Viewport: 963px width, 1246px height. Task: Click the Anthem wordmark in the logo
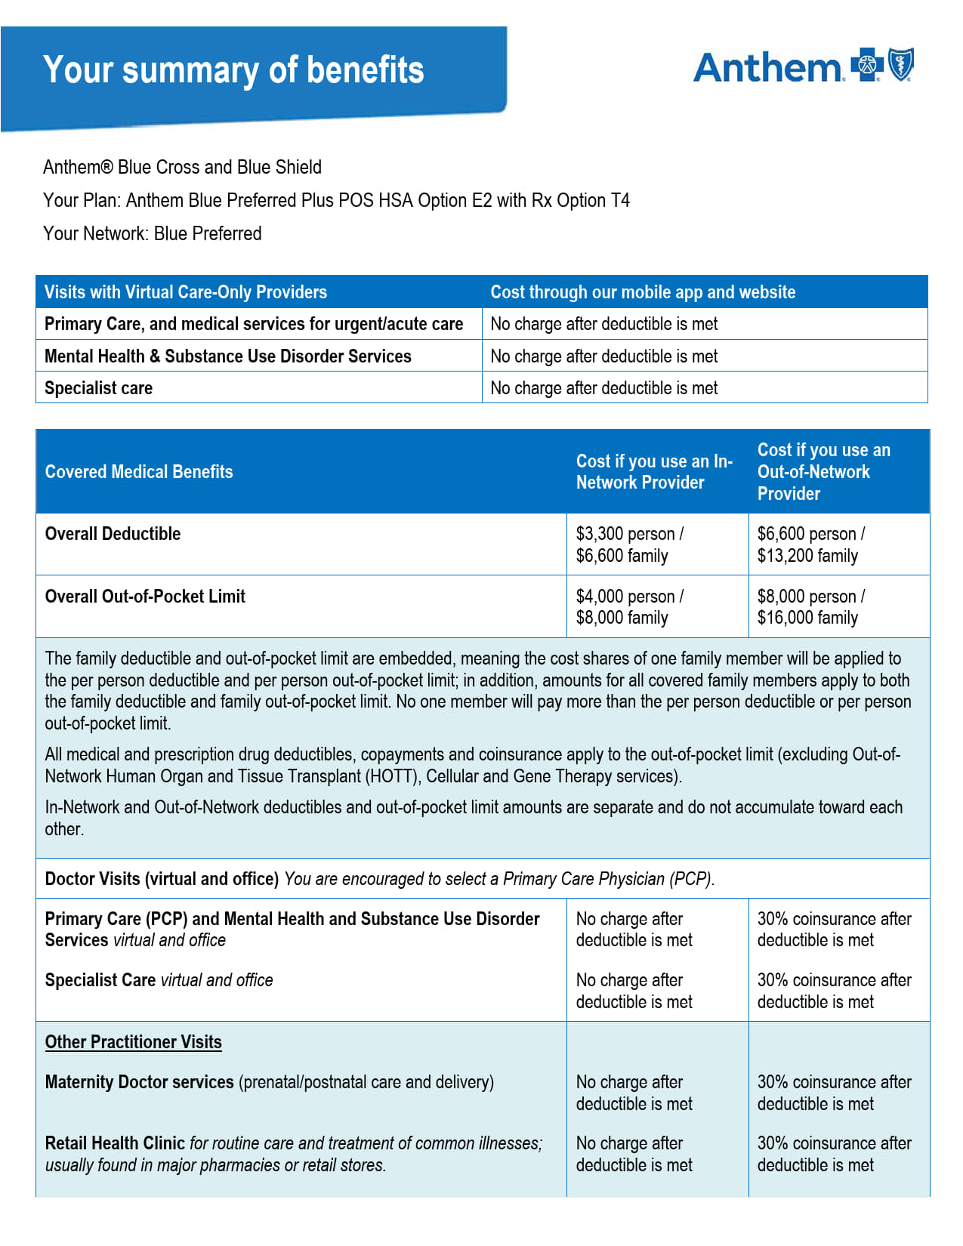click(x=767, y=67)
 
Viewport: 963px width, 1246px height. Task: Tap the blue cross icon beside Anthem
click(x=866, y=65)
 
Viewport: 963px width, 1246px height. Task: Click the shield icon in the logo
click(x=900, y=64)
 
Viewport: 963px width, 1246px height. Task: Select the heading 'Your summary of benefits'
click(x=233, y=70)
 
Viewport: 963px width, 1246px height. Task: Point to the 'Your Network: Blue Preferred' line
click(x=152, y=233)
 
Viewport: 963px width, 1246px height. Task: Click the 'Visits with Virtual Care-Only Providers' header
click(x=185, y=292)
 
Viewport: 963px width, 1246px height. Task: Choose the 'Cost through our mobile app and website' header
click(x=643, y=292)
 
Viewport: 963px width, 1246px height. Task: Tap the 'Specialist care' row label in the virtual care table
click(x=98, y=388)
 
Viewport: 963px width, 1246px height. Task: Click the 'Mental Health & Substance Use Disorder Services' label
click(x=227, y=356)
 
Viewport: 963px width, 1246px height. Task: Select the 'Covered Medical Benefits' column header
click(x=139, y=472)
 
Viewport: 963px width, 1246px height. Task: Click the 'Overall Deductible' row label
click(x=113, y=534)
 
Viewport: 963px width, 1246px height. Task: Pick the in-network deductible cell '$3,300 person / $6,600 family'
click(x=629, y=544)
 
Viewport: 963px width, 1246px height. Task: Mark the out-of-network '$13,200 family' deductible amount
click(x=807, y=556)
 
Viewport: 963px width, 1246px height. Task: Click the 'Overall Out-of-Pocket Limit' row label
click(x=145, y=597)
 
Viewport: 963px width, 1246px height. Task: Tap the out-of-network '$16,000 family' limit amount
click(x=807, y=618)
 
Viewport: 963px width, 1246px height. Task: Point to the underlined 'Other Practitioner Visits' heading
click(x=133, y=1042)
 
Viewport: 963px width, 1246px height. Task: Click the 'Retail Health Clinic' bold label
click(x=115, y=1143)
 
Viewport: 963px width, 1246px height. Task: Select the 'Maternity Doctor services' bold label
click(x=139, y=1082)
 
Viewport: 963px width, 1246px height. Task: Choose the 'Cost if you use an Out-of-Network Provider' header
click(x=823, y=472)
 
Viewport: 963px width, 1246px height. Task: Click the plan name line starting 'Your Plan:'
click(x=336, y=200)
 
